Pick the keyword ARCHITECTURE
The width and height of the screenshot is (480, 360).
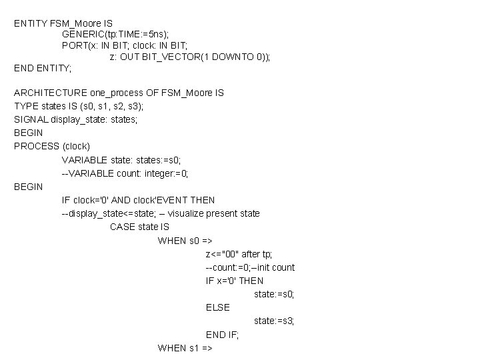[51, 93]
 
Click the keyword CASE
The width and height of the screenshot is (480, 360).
[123, 227]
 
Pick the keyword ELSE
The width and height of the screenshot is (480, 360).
[217, 307]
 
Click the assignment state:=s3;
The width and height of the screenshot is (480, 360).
[274, 321]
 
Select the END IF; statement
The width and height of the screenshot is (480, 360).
[222, 334]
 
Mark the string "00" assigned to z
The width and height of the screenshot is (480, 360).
[229, 254]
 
